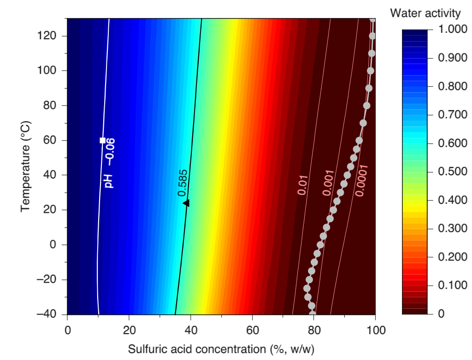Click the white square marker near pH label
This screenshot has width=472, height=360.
pyautogui.click(x=102, y=140)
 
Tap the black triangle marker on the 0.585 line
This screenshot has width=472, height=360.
pyautogui.click(x=186, y=203)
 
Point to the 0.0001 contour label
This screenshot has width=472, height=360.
pyautogui.click(x=362, y=180)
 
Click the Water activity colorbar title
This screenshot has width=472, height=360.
pyautogui.click(x=425, y=13)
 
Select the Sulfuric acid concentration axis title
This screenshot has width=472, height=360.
pyautogui.click(x=221, y=348)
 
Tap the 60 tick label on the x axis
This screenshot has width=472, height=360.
pyautogui.click(x=252, y=330)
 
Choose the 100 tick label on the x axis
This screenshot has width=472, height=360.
pyautogui.click(x=375, y=330)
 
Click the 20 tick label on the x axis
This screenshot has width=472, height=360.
pyautogui.click(x=129, y=330)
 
